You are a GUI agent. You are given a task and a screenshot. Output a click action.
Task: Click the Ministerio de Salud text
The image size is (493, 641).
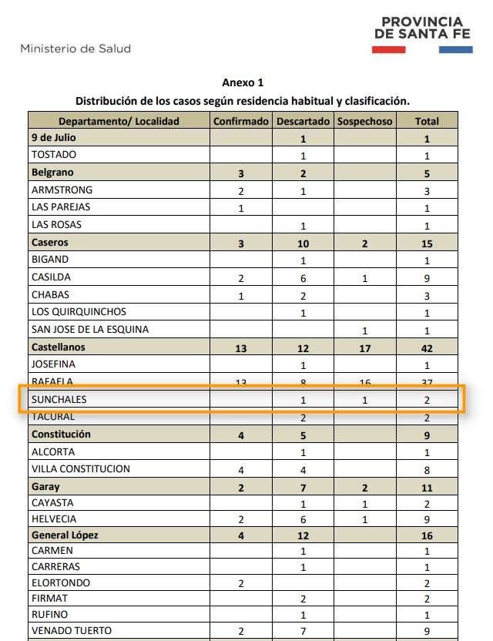click(75, 48)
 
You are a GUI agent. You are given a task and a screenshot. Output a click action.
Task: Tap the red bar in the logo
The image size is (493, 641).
click(388, 49)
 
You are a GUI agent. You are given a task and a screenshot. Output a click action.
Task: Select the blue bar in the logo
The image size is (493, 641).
click(455, 49)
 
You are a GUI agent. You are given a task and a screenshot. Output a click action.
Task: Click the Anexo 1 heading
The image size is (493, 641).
click(243, 82)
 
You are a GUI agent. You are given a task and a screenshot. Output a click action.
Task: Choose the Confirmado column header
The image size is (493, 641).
click(241, 121)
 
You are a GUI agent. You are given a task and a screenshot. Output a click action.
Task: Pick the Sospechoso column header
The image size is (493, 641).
click(364, 121)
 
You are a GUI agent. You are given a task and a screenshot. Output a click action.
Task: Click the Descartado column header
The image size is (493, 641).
click(303, 121)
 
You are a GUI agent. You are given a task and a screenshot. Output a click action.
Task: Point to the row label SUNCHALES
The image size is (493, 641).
click(59, 400)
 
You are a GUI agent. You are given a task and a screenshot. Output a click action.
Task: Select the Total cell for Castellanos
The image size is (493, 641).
click(427, 348)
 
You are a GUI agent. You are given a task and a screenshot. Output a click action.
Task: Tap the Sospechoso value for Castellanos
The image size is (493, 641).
click(364, 348)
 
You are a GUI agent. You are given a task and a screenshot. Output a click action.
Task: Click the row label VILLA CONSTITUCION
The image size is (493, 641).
click(81, 469)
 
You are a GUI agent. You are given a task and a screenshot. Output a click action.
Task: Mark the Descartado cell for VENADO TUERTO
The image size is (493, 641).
click(303, 631)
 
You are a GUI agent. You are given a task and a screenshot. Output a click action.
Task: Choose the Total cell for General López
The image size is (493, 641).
click(427, 535)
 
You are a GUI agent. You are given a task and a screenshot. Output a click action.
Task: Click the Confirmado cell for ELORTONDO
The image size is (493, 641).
click(241, 583)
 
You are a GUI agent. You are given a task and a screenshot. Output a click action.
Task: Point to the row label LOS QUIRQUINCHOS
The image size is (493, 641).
click(79, 312)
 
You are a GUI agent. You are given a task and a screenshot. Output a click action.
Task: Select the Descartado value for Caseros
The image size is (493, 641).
click(303, 243)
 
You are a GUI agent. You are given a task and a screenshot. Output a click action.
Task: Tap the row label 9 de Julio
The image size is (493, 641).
click(53, 138)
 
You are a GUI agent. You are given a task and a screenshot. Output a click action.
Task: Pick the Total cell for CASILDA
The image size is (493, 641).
click(427, 278)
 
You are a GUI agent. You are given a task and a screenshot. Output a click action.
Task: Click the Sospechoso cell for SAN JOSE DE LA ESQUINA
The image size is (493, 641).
click(364, 331)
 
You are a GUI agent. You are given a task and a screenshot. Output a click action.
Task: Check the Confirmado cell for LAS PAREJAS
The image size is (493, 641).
click(241, 208)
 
